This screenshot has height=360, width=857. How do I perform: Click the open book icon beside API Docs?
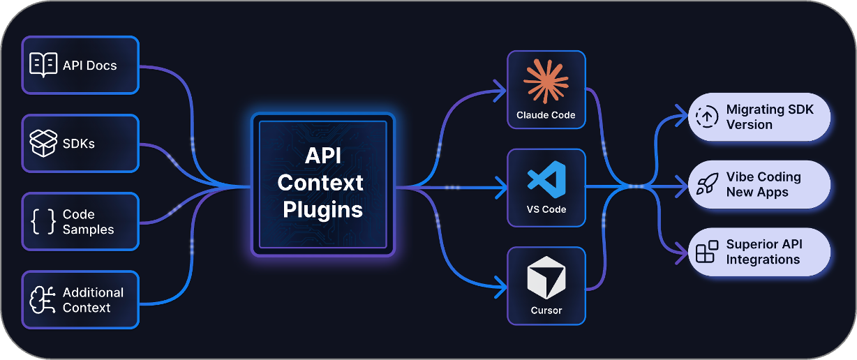[43, 65]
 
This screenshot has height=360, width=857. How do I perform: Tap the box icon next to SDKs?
[43, 143]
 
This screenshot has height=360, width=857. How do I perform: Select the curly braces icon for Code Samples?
[43, 221]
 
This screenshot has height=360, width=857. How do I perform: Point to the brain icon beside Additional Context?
[43, 299]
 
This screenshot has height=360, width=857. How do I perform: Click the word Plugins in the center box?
[322, 209]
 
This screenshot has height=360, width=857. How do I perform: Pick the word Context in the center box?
[320, 183]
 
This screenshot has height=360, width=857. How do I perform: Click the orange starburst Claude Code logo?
[546, 81]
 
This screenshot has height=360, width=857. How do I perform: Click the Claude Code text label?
[546, 114]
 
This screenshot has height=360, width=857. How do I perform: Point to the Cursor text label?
[546, 310]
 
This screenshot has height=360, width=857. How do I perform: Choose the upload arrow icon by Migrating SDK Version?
[707, 117]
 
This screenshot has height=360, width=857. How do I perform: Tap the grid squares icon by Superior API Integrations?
[707, 252]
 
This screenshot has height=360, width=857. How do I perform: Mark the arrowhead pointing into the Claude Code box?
[501, 89]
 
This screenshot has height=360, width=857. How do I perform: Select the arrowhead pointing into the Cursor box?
[501, 285]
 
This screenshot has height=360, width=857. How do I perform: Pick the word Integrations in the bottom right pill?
[763, 260]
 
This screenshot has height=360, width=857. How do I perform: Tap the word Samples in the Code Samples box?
[88, 230]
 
